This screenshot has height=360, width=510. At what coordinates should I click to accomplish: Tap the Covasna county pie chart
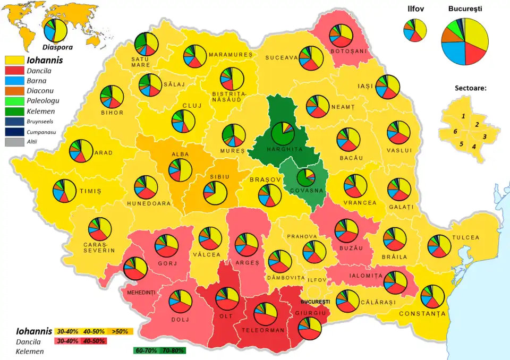[306, 177]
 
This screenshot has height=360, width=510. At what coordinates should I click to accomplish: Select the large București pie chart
[465, 41]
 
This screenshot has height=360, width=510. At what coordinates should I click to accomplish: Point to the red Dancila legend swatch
[14, 70]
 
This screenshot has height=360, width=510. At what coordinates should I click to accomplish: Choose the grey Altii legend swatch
[14, 142]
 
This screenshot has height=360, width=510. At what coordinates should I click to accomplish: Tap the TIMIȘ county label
[90, 191]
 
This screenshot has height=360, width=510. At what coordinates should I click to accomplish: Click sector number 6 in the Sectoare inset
[455, 131]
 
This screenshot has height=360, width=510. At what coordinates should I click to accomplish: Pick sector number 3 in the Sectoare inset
[484, 136]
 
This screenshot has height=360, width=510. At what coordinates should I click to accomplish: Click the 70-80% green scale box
[174, 350]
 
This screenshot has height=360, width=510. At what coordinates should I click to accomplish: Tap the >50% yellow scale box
[120, 331]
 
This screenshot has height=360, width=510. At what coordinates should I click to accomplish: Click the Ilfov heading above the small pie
[415, 9]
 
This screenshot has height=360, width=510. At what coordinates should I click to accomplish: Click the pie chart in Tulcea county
[439, 245]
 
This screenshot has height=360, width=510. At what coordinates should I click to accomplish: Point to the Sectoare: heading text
[470, 88]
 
